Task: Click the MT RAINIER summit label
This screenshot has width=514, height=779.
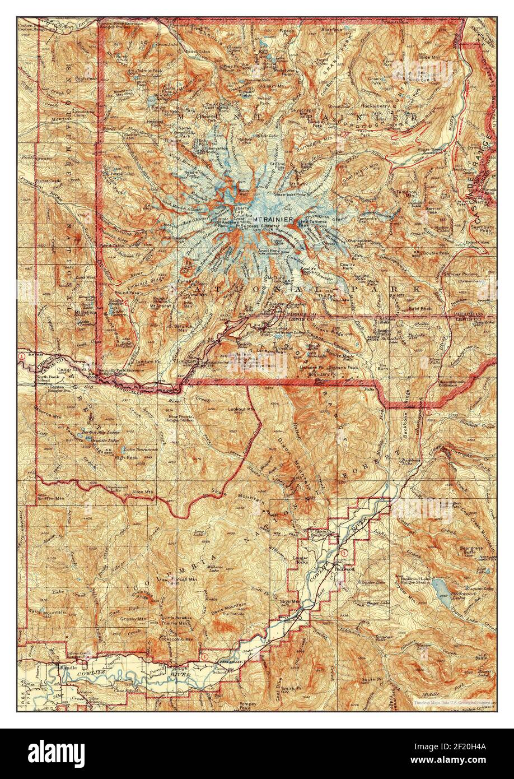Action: click(x=273, y=219)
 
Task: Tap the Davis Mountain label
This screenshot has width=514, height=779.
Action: click(x=229, y=606)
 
